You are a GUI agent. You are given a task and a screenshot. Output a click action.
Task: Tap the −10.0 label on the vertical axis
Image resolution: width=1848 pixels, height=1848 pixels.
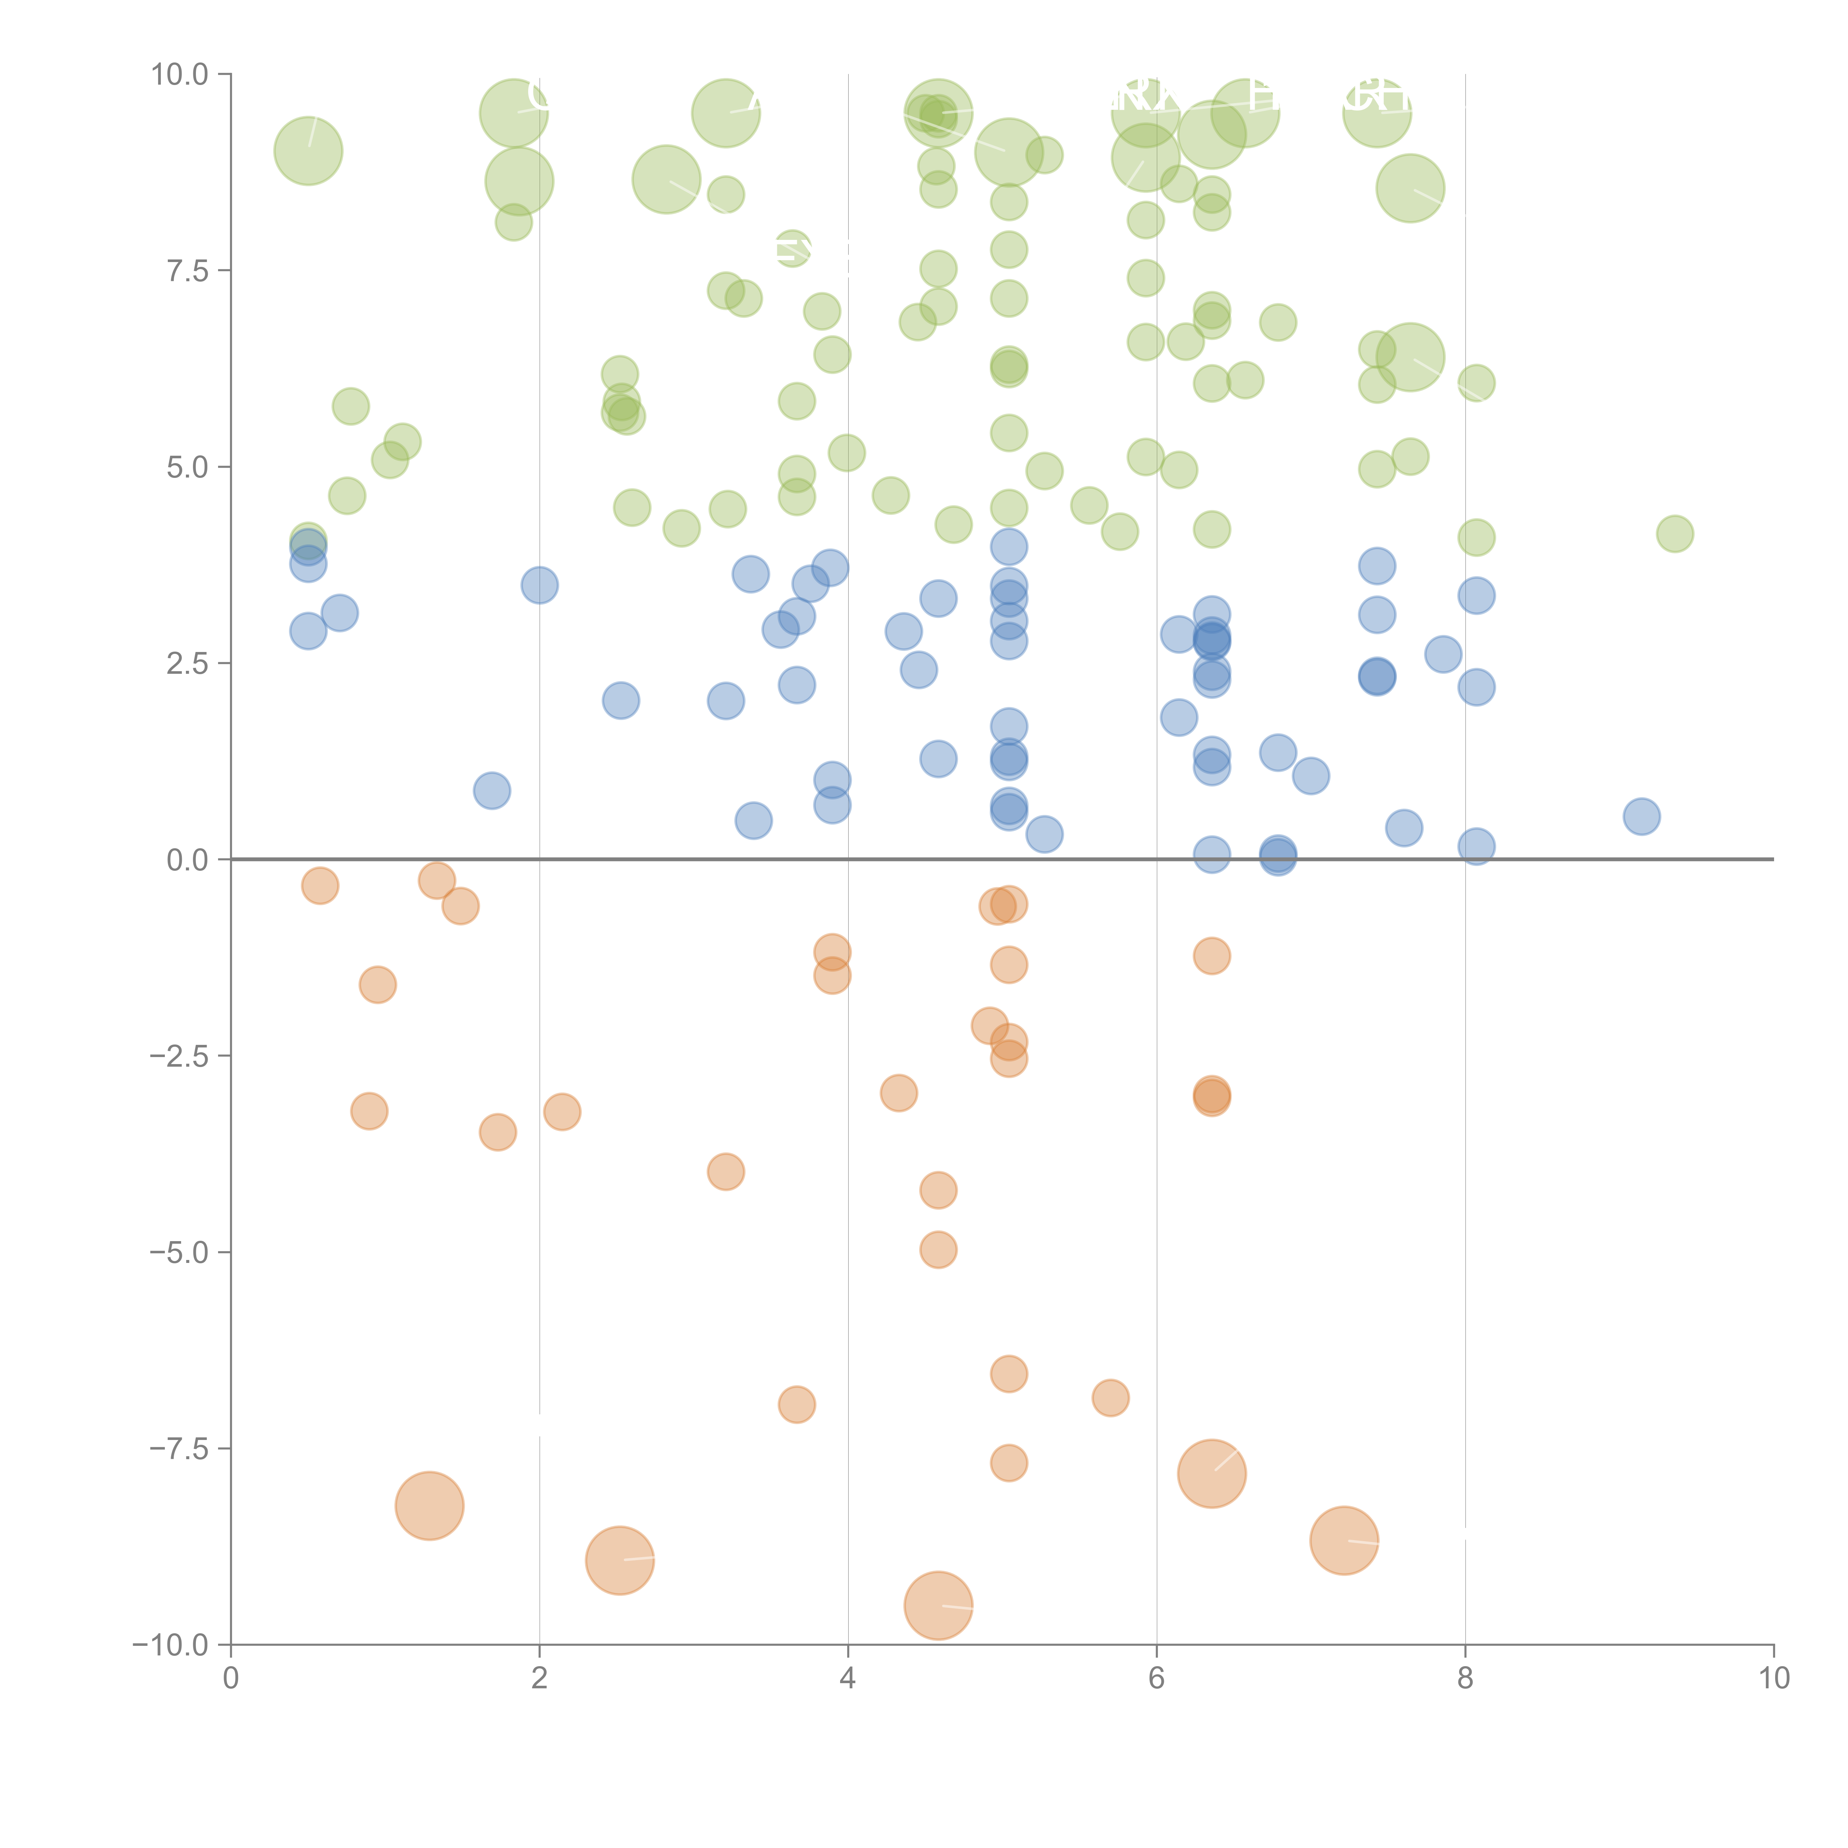[170, 1645]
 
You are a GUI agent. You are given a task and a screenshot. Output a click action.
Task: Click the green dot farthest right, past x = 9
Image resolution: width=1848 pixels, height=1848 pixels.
[1674, 534]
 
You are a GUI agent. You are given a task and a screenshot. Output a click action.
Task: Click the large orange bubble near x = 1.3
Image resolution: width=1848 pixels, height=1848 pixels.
[429, 1505]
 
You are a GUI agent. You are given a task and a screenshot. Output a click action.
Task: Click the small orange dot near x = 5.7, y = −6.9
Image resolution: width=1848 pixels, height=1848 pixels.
[1110, 1397]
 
